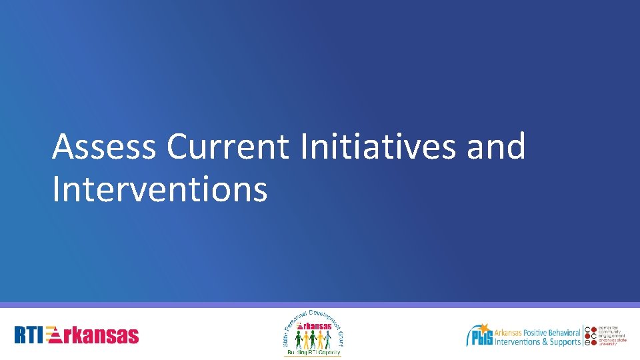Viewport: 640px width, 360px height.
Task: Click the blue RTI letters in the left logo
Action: (x=31, y=335)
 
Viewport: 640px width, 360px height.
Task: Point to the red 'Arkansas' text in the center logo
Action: (x=313, y=327)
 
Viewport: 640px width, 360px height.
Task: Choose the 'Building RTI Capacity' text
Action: (x=313, y=351)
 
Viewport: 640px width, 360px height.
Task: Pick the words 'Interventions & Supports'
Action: (x=537, y=342)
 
